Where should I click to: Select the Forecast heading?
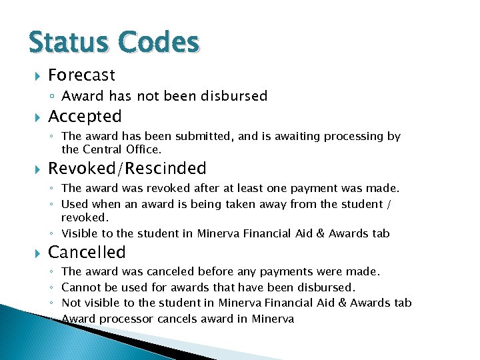(82, 75)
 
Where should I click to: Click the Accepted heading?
(85, 117)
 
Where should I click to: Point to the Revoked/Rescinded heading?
(127, 169)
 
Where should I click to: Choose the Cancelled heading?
(87, 253)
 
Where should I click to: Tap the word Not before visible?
(71, 303)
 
